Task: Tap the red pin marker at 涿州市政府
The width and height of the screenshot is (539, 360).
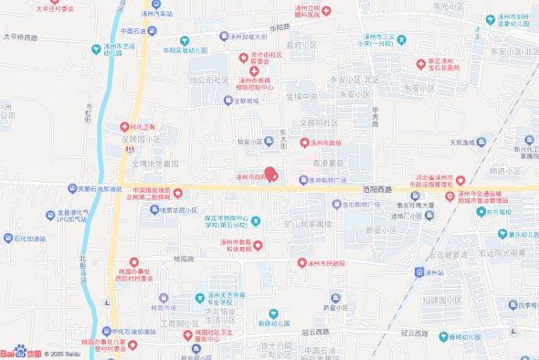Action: tap(270, 171)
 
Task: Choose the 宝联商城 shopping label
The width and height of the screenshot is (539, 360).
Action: tap(241, 101)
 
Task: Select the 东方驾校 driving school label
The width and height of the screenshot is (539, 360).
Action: tap(504, 211)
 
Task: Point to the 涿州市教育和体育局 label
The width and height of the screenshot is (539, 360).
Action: tap(241, 246)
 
